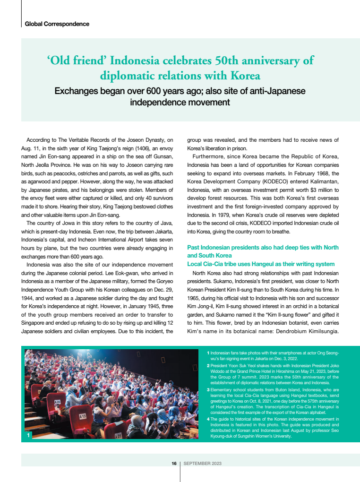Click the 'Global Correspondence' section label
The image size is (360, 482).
click(x=57, y=24)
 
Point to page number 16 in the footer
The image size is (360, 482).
click(x=174, y=464)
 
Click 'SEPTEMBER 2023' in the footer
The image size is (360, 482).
click(x=203, y=464)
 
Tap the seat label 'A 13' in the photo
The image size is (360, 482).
click(x=83, y=416)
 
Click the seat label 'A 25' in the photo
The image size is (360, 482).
click(x=58, y=402)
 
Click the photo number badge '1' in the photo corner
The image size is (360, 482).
click(x=29, y=435)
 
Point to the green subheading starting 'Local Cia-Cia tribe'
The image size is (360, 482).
click(x=261, y=264)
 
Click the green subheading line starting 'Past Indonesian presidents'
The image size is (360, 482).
click(x=263, y=248)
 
